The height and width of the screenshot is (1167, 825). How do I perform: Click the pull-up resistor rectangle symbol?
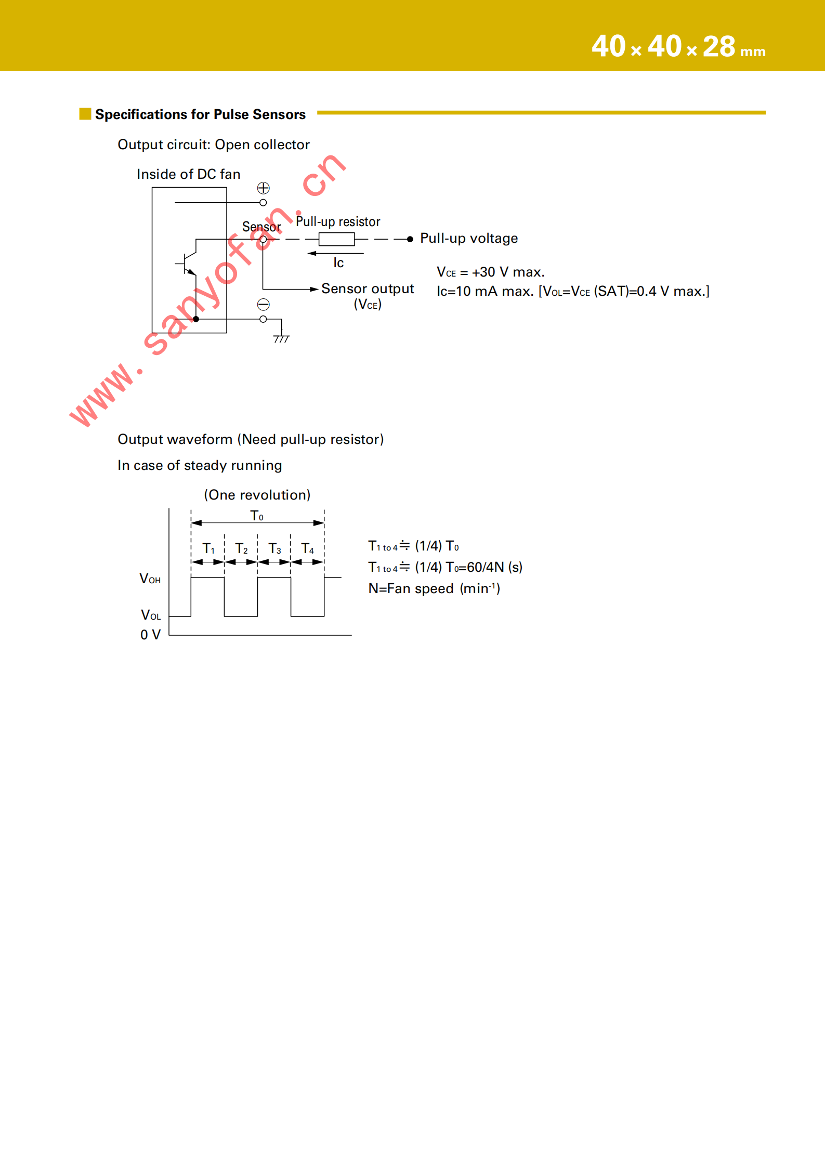tap(336, 239)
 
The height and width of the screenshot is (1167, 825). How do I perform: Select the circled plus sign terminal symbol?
tap(264, 188)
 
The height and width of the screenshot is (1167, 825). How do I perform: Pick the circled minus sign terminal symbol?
tap(264, 305)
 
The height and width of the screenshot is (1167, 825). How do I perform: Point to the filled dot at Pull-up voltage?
tap(410, 239)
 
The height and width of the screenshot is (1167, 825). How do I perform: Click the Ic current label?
tap(338, 263)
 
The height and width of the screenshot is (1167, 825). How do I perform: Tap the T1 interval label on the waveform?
tap(208, 549)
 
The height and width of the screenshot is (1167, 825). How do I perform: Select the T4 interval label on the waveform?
tap(308, 549)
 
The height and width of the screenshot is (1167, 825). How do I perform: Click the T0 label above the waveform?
tap(257, 516)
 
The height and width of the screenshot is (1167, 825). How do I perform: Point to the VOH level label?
tap(150, 579)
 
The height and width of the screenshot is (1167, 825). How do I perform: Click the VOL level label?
tap(151, 615)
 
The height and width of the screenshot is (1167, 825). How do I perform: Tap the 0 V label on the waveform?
tap(150, 635)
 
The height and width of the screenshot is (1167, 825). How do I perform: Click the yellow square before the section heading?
tap(85, 114)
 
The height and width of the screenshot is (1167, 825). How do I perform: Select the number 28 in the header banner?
tap(719, 47)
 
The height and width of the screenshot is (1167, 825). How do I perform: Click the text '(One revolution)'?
tap(257, 495)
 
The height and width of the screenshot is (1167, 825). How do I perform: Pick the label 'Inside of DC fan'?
tap(189, 174)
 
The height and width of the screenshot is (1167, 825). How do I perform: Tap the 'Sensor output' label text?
tap(368, 289)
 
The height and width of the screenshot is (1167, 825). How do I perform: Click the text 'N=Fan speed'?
tap(411, 588)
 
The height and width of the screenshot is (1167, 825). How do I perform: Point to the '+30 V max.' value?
tap(508, 272)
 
